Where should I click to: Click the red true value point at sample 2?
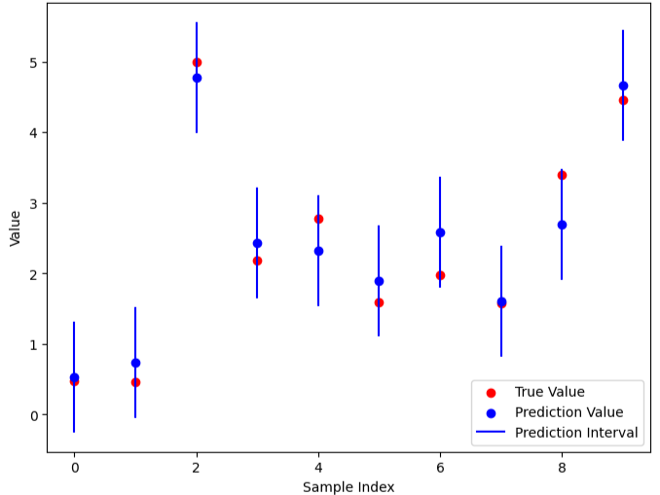197,62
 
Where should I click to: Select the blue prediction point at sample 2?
197,78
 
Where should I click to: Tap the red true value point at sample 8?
562,175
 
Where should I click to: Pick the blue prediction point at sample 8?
562,225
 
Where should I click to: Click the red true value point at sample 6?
440,275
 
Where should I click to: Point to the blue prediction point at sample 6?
440,232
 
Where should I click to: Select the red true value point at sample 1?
135,382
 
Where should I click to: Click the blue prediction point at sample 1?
135,363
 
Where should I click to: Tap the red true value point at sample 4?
318,219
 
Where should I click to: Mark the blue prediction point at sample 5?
379,281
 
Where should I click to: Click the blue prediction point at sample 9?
623,86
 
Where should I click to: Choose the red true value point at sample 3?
257,261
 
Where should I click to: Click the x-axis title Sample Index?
348,486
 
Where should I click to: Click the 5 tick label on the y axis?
33,62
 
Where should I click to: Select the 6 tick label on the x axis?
440,467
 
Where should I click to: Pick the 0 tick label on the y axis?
33,415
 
